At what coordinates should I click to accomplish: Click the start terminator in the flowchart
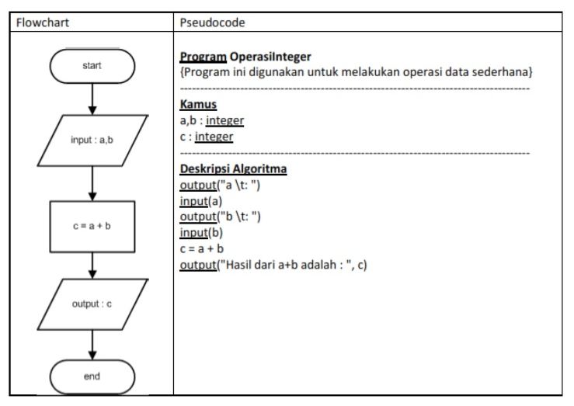click(92, 66)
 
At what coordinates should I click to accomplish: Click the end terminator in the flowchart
click(92, 377)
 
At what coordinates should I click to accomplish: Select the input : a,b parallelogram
click(92, 141)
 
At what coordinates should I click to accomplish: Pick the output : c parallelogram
click(92, 304)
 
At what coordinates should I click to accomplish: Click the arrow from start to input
click(92, 99)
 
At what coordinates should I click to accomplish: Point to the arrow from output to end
click(92, 345)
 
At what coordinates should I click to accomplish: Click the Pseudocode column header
click(212, 23)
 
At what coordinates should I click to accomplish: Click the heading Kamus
click(197, 104)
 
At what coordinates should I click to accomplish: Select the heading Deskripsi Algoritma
click(232, 168)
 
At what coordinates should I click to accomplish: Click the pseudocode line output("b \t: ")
click(220, 217)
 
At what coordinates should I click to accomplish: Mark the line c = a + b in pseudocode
click(201, 249)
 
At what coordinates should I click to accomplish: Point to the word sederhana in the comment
click(502, 72)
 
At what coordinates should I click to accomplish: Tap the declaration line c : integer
click(206, 137)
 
